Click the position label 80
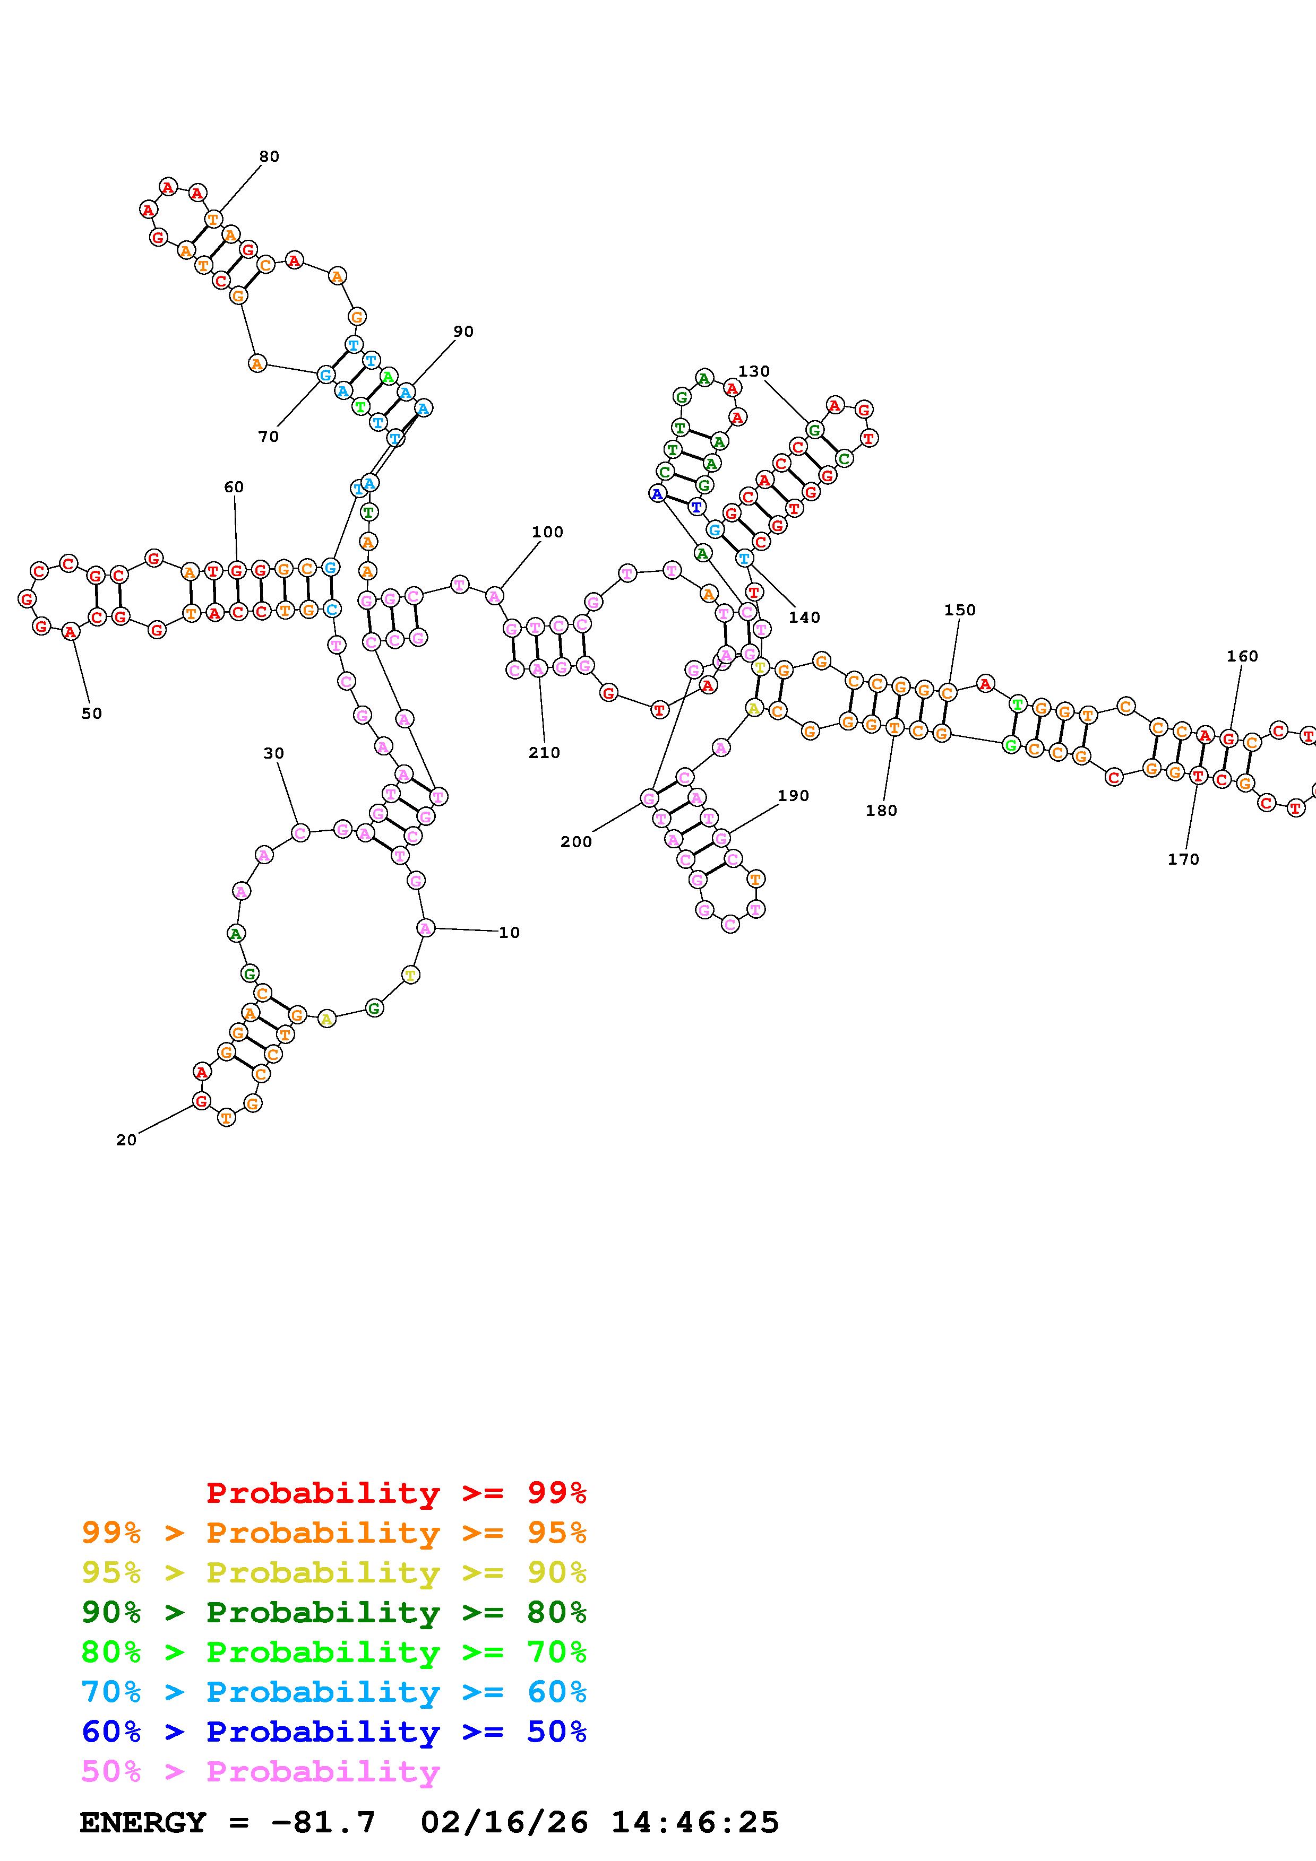coord(269,156)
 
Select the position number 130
coord(753,371)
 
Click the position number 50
coord(92,714)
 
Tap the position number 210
coord(544,752)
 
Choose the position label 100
coord(547,532)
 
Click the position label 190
coord(793,795)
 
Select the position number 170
coord(1183,859)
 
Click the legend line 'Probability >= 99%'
coord(395,1493)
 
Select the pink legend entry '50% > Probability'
coord(260,1772)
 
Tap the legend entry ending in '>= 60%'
coord(333,1692)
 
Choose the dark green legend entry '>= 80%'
coord(333,1613)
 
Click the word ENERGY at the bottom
coord(143,1823)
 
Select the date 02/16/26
coord(504,1823)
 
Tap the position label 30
coord(274,753)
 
